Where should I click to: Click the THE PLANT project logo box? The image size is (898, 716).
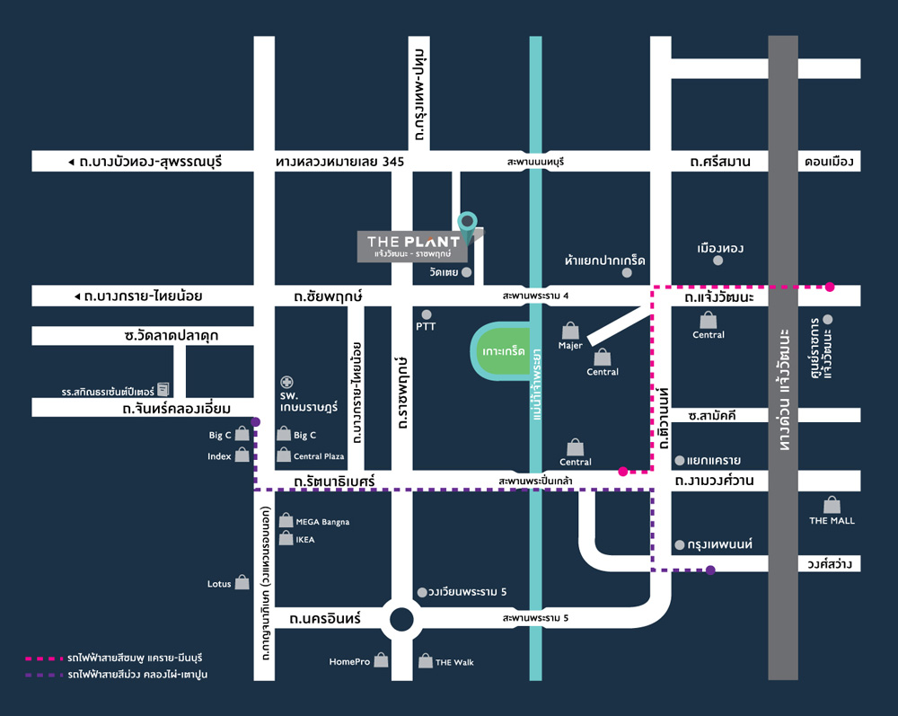point(412,246)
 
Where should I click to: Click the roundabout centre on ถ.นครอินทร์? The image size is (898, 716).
point(401,619)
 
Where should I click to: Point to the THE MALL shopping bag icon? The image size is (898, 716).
point(832,505)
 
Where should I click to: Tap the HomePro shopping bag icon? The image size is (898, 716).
point(381,660)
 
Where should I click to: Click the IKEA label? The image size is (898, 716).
point(305,540)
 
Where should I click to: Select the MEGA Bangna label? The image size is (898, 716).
point(322,522)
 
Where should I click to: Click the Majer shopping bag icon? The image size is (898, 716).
point(570,330)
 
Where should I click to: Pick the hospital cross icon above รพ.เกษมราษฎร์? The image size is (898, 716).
point(286,382)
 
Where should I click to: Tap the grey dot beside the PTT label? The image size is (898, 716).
point(426,314)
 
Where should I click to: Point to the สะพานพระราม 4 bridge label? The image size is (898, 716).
point(535,296)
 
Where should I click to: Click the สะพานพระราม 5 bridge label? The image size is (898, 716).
point(535,618)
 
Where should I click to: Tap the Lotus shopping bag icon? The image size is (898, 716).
point(242,582)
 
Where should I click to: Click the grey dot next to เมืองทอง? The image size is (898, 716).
point(718,261)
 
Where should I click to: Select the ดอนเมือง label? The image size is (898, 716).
point(829,162)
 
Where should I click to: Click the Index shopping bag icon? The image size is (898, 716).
point(242,455)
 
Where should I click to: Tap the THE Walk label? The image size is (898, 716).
point(454,663)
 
